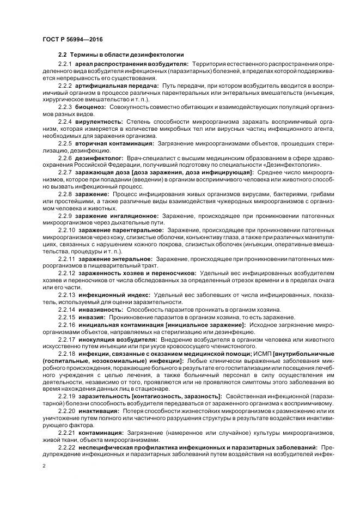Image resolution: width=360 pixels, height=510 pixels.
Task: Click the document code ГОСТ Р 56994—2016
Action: coord(72,40)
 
